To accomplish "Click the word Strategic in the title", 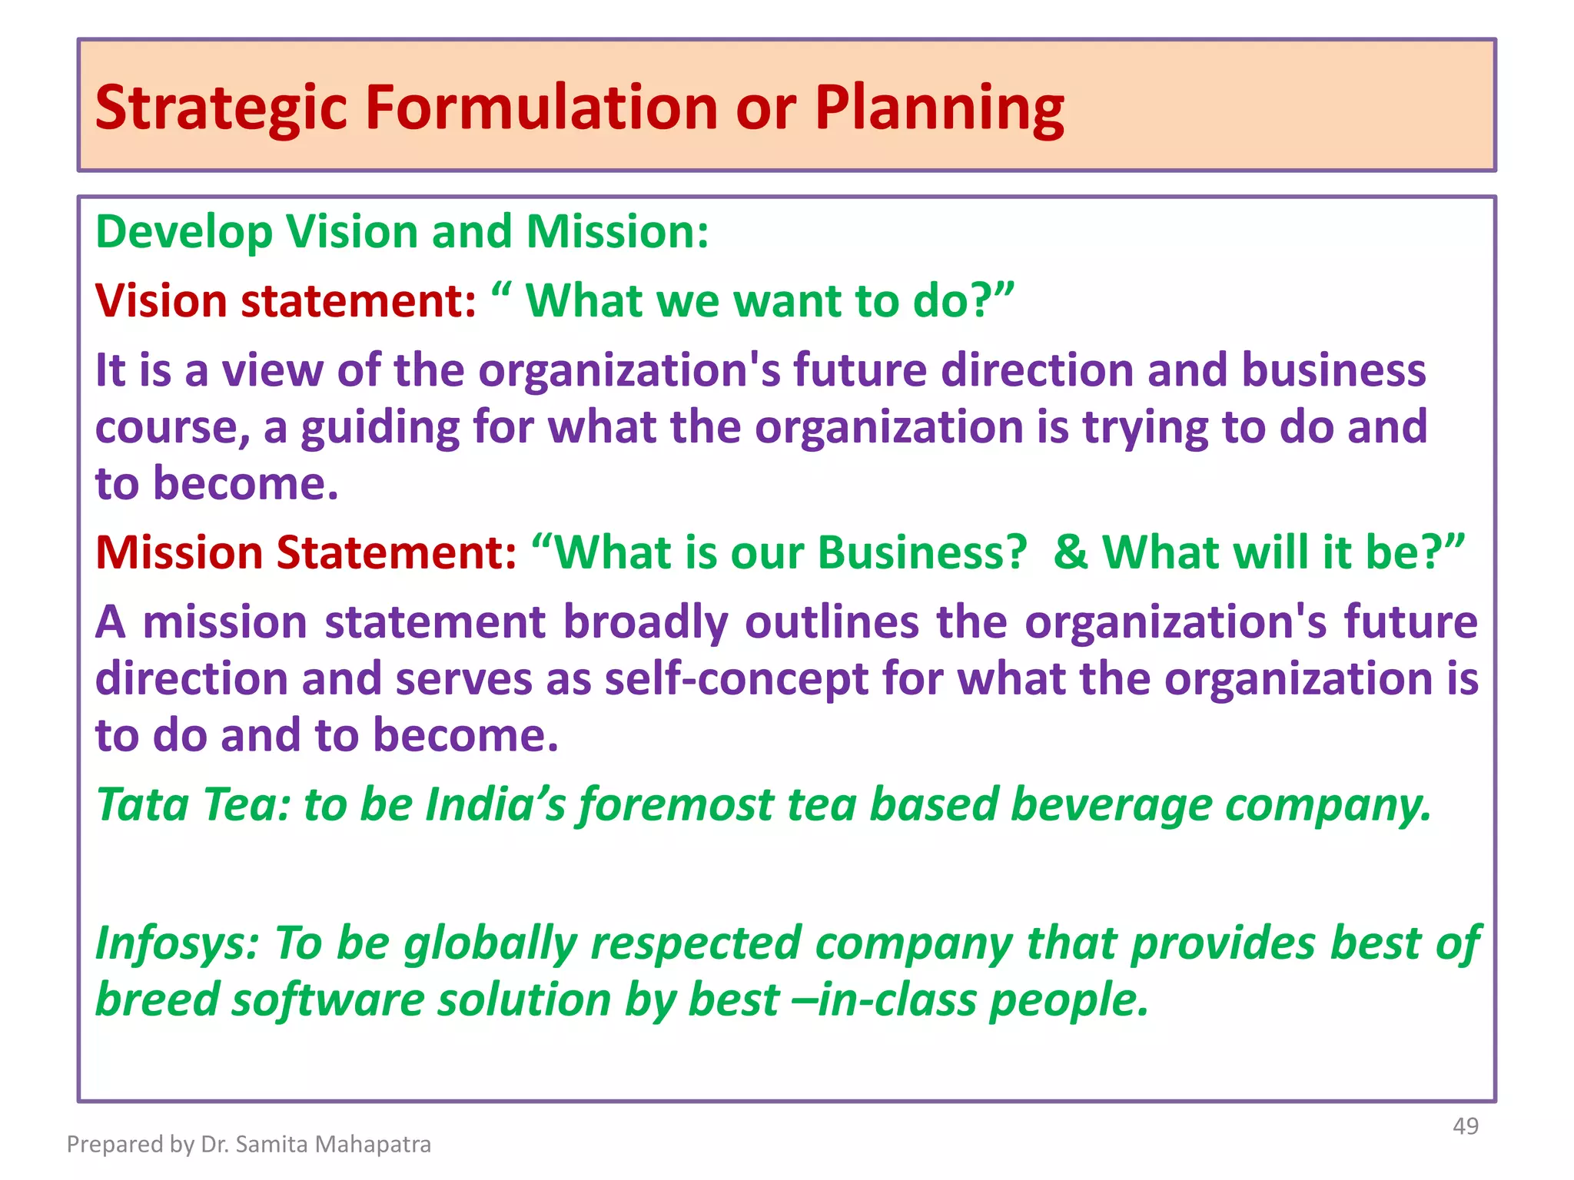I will coord(221,108).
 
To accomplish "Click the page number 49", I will coord(1466,1126).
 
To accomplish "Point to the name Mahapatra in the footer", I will coord(374,1145).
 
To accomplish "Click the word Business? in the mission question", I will coord(922,552).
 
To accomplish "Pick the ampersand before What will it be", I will coord(1071,552).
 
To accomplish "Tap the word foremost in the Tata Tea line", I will coord(676,805).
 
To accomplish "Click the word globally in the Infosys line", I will coord(490,945).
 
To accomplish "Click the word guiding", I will coord(380,428).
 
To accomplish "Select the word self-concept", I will coord(736,679).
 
